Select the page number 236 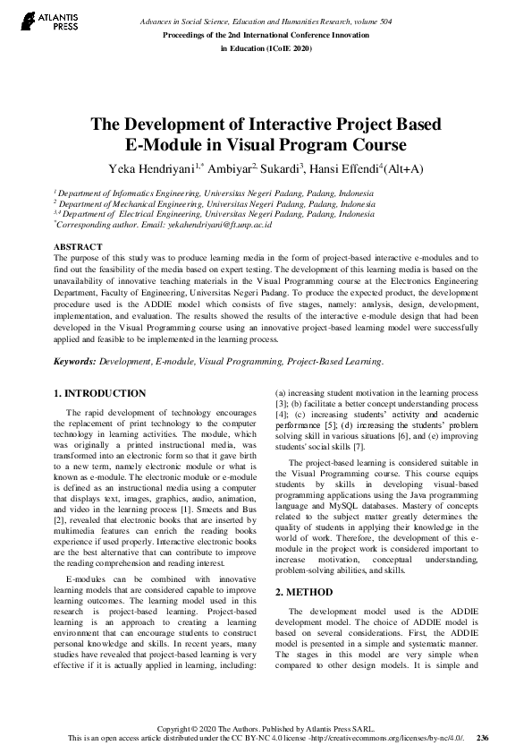click(483, 738)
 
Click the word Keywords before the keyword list click(74, 362)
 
